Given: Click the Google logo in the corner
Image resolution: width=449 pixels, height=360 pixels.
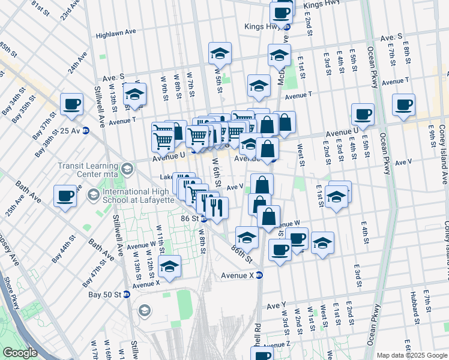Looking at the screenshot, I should [20, 353].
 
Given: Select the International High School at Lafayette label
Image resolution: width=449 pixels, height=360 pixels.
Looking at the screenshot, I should [136, 194].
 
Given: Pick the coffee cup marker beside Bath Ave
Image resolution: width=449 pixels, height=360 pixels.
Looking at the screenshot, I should [65, 195].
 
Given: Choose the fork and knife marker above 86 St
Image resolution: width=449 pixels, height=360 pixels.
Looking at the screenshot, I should [216, 208].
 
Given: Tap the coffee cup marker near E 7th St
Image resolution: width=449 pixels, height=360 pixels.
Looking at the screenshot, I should [403, 104].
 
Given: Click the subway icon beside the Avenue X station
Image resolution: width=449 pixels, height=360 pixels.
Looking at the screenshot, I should [259, 275].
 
